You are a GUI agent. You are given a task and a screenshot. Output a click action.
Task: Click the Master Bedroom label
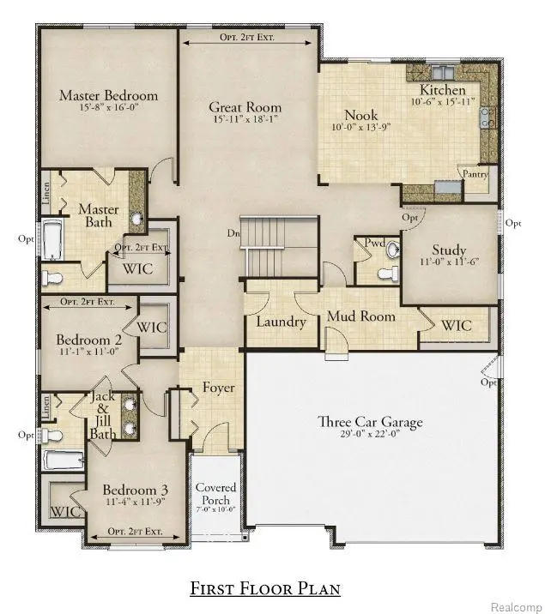coord(108,95)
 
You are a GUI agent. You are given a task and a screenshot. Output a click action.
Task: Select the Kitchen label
coord(442,90)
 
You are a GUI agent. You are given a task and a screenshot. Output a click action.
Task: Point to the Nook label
coord(360,116)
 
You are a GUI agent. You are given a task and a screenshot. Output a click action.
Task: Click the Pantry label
coord(475,174)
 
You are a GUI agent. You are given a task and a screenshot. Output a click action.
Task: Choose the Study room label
coord(448,250)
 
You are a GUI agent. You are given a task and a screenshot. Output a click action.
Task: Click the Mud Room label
coord(361,316)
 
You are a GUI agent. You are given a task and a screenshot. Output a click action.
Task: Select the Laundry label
coord(281,322)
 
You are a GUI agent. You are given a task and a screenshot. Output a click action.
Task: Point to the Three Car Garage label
coord(370,422)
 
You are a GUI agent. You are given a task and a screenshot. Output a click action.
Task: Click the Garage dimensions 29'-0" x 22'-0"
coord(370,436)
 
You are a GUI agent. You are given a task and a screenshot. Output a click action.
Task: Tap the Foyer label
coord(218,387)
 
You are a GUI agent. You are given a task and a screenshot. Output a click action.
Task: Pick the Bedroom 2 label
coord(94,340)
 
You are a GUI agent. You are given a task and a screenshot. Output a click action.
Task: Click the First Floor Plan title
coord(265,588)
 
